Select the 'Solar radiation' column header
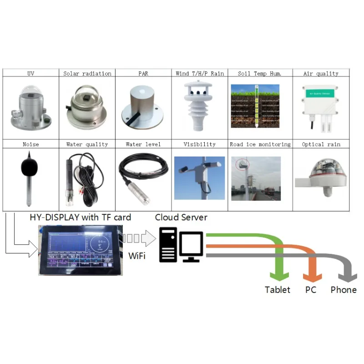pos(87,73)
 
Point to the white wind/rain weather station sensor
pos(199,106)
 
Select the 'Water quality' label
pos(87,144)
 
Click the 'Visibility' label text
pos(199,144)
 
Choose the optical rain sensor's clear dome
pos(322,169)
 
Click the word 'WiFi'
pos(136,256)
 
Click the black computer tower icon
pos(167,245)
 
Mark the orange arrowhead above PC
pos(312,275)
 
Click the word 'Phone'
pos(344,290)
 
